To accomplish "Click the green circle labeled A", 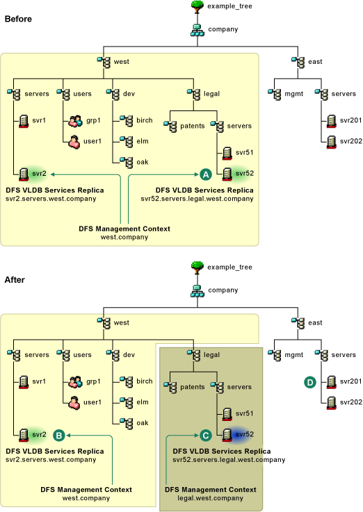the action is point(206,174).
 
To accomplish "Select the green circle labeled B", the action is point(59,436).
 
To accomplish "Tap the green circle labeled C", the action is point(206,436).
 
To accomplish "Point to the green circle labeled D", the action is point(310,382).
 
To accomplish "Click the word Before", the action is point(18,19).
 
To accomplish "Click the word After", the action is point(15,280).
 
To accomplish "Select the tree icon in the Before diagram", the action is point(197,6).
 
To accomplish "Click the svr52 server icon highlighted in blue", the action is point(227,435).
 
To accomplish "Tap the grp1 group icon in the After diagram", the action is point(75,381).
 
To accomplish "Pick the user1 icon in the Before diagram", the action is point(74,142).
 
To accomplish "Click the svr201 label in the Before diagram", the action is point(351,120).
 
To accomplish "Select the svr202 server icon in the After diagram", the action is point(331,403).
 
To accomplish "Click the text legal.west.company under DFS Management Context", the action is point(211,498).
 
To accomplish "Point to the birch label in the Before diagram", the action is point(145,120).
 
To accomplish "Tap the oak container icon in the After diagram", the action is point(126,423).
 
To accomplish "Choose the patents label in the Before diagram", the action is point(193,126).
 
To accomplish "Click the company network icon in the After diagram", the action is point(197,291).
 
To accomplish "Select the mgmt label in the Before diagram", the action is point(293,94).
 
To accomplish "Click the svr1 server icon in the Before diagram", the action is point(24,121).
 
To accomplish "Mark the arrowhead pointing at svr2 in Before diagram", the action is point(52,174).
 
